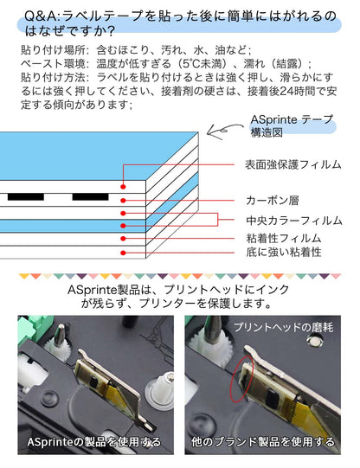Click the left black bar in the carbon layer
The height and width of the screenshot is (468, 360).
pos(26,197)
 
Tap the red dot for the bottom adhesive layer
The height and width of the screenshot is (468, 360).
pos(124,253)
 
